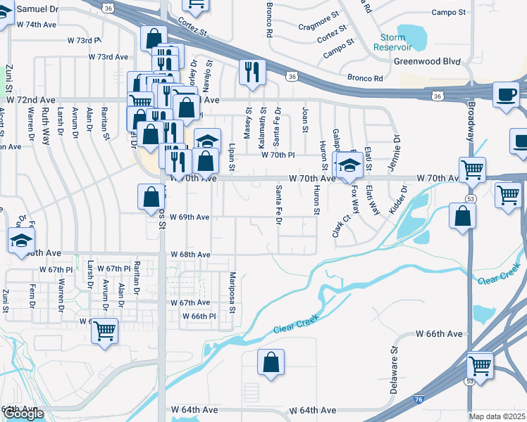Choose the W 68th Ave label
(190, 255)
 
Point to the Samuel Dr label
(37, 9)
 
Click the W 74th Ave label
(36, 24)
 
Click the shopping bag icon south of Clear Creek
(271, 363)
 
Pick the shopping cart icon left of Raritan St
(104, 329)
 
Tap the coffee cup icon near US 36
(507, 95)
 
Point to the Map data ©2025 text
(497, 416)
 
